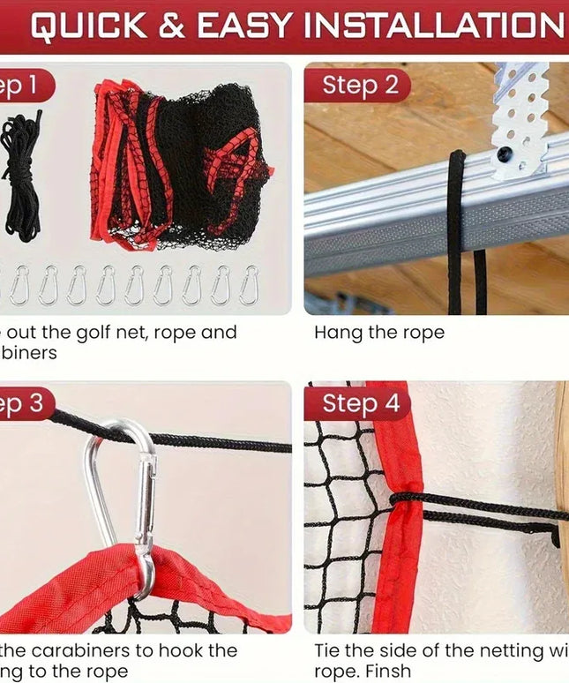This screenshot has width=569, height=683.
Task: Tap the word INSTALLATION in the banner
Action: click(432, 26)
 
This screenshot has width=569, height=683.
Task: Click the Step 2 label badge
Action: click(358, 86)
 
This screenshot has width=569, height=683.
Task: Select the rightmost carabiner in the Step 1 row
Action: click(250, 284)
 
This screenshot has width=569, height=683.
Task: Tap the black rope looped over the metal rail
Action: click(456, 229)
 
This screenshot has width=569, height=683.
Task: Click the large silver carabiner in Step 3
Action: click(124, 503)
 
